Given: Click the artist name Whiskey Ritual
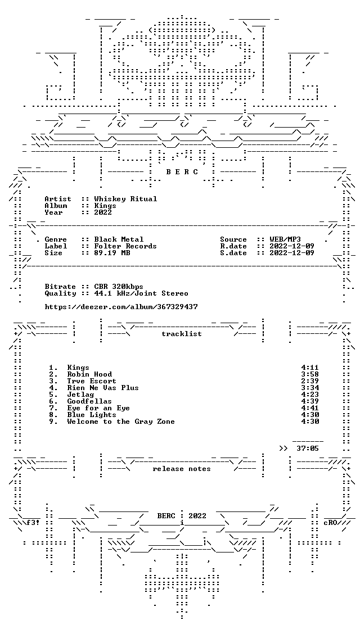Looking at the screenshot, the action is (x=125, y=199).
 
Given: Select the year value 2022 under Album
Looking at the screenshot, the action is (x=103, y=212).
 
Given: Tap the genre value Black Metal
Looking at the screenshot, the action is (x=119, y=239).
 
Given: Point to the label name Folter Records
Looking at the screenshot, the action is (x=125, y=246).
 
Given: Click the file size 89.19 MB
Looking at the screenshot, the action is (x=112, y=253).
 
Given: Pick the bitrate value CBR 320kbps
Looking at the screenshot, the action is (x=119, y=287).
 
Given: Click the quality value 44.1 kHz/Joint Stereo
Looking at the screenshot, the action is (x=141, y=293).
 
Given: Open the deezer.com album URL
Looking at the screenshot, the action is (x=121, y=307).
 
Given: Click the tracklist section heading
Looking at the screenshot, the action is (x=182, y=334).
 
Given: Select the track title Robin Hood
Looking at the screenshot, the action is (x=90, y=374).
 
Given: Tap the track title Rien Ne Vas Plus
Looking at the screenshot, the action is (x=103, y=388).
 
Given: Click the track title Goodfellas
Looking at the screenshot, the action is (x=90, y=401).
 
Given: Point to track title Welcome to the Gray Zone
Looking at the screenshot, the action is (x=121, y=422).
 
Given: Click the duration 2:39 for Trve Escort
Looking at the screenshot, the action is (x=310, y=381).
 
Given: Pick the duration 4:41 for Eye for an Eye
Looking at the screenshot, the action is (x=310, y=408).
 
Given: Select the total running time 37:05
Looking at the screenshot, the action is (x=308, y=449).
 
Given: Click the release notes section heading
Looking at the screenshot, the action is (x=182, y=469).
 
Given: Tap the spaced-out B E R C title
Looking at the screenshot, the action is (x=182, y=172).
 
